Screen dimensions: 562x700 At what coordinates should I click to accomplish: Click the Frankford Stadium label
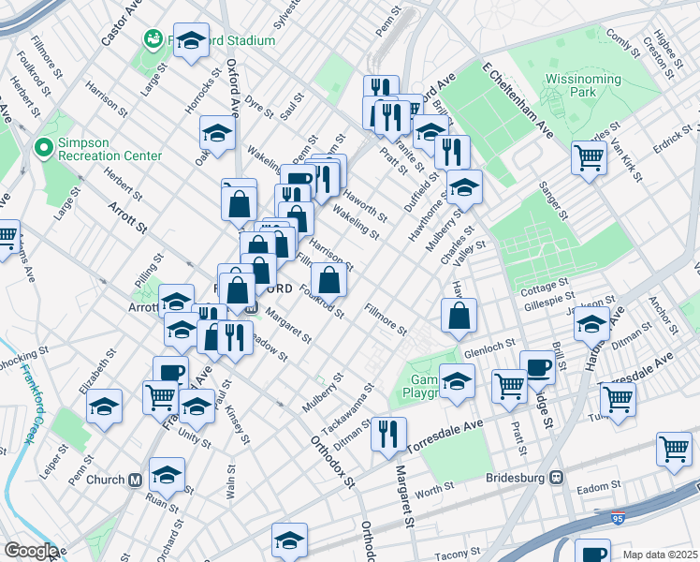[220, 40]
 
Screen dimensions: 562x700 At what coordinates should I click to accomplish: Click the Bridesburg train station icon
[557, 477]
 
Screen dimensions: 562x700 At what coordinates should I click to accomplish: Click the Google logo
[31, 551]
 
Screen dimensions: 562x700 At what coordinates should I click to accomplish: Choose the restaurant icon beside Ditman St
[388, 433]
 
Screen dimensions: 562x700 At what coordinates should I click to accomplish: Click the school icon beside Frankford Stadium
[192, 40]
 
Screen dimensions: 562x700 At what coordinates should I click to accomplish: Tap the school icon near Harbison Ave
[591, 326]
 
